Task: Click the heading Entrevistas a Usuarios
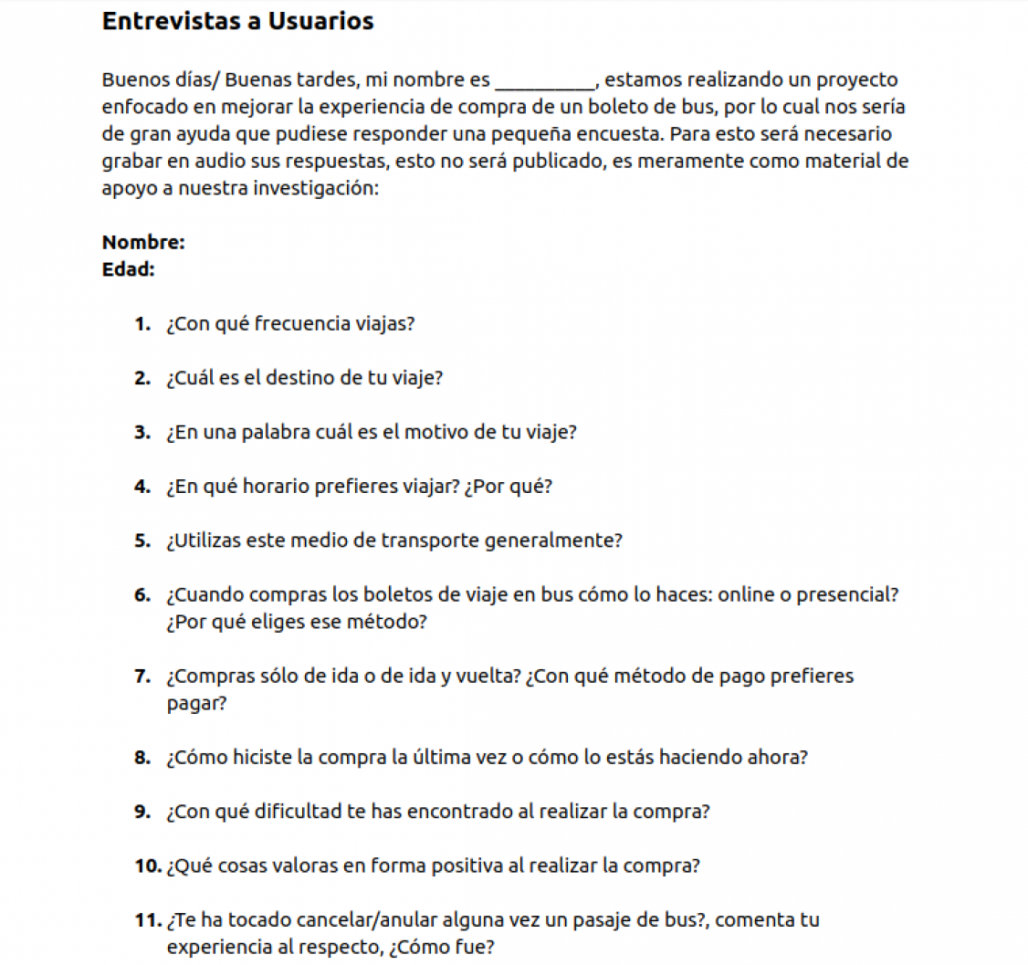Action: [237, 22]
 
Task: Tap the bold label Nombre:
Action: [144, 243]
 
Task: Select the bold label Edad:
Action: [128, 269]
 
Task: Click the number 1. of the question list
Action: [142, 324]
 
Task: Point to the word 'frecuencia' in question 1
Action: [297, 324]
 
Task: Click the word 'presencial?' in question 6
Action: [848, 595]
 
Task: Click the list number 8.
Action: [142, 758]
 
